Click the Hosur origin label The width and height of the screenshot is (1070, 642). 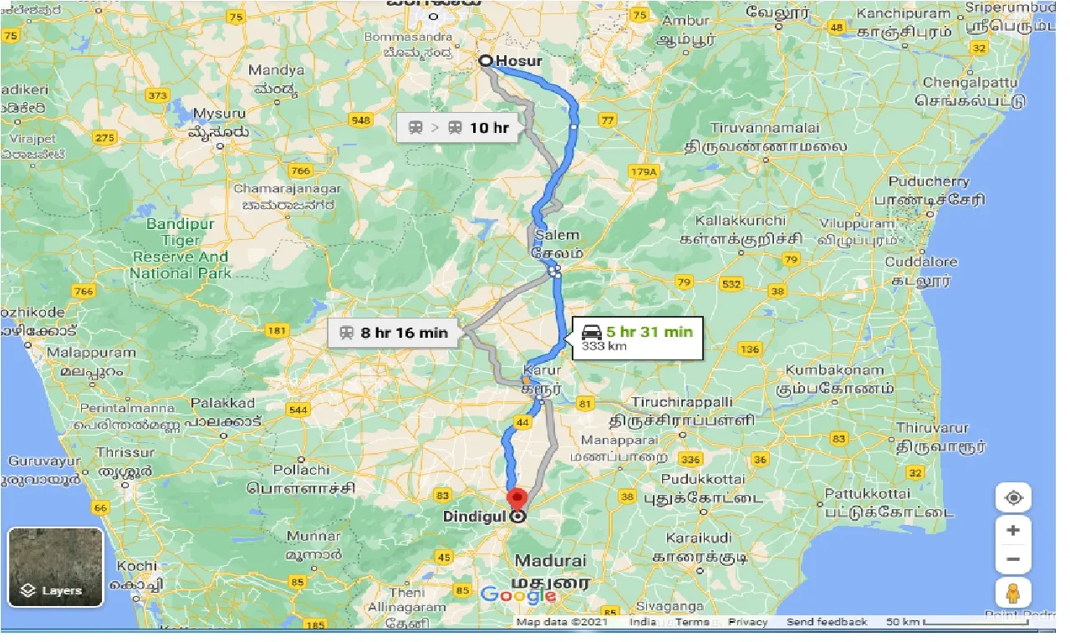[518, 61]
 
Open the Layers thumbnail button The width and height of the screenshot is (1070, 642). [55, 567]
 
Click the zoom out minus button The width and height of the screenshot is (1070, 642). [1013, 558]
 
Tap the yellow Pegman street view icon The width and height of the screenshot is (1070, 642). [1013, 593]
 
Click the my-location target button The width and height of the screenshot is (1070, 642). [1013, 498]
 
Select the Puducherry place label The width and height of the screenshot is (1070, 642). [929, 181]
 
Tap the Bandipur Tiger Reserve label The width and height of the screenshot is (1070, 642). [180, 248]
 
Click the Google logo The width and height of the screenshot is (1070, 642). [518, 595]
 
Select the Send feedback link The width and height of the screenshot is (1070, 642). [826, 622]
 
